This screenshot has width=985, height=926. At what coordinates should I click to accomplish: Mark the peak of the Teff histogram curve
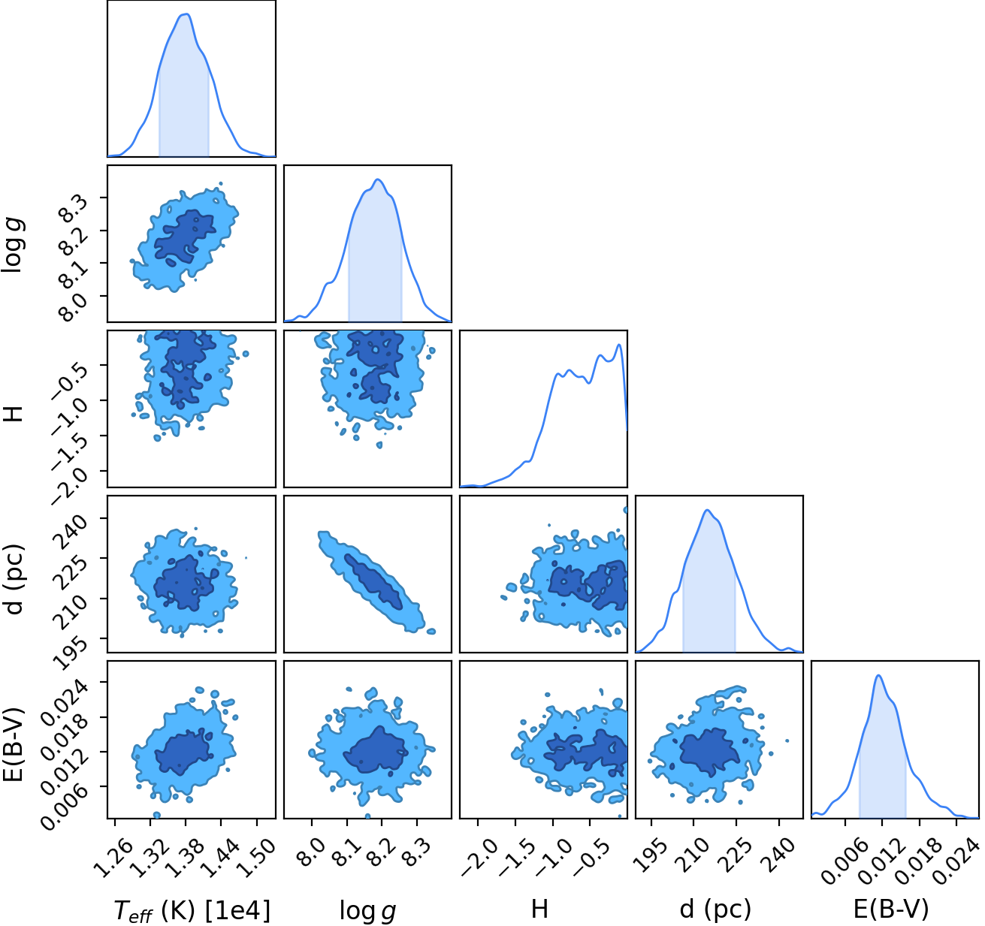tap(186, 14)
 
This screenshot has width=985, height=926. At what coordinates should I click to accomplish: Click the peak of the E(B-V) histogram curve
tap(878, 675)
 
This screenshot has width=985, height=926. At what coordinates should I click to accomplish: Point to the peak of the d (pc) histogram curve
tap(707, 510)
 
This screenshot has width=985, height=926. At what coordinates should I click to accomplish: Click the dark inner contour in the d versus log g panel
tap(373, 581)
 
